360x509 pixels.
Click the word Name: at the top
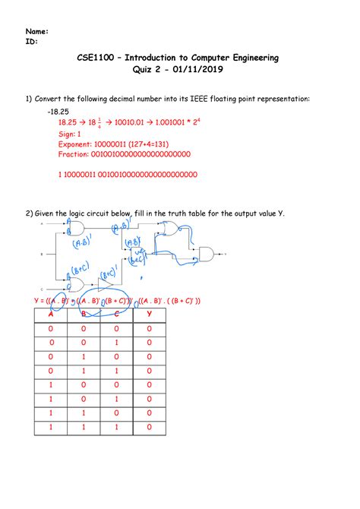37,31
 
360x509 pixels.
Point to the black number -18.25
56,110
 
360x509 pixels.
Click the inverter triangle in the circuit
104,283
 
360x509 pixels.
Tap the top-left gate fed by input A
76,229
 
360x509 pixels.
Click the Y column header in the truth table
149,314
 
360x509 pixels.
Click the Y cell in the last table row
149,428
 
